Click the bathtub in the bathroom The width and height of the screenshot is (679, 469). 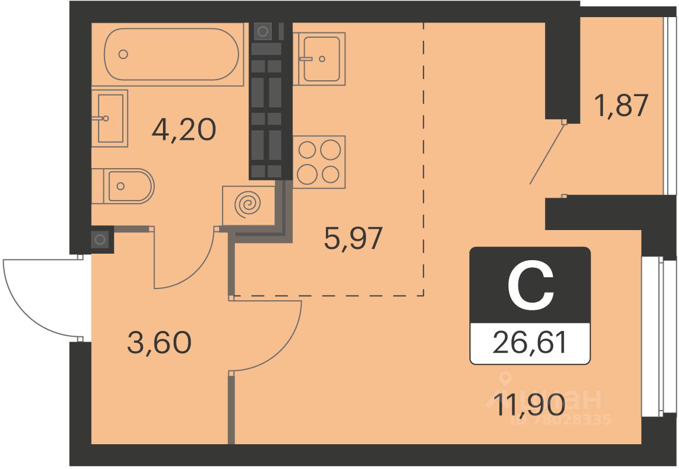click(172, 54)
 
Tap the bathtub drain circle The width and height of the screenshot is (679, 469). click(123, 54)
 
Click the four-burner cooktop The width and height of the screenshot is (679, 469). click(319, 162)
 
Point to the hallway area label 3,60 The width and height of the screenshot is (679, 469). click(159, 342)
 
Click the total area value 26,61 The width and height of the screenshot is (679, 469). click(530, 343)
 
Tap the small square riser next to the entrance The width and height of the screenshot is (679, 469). click(100, 240)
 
